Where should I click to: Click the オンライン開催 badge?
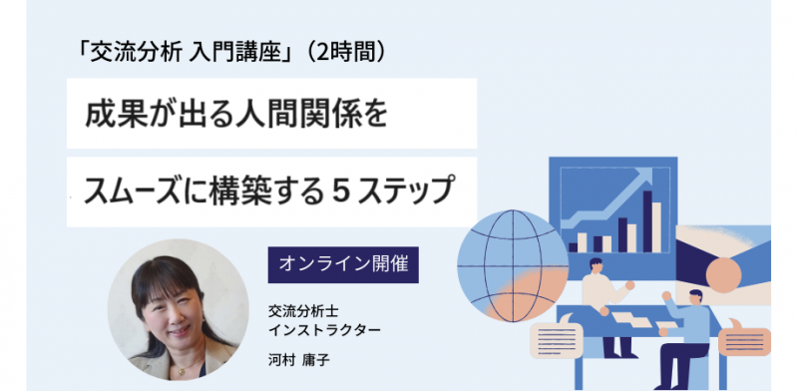pos(342,265)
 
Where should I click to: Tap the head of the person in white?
pos(596,266)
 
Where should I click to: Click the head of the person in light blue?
pos(695,297)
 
